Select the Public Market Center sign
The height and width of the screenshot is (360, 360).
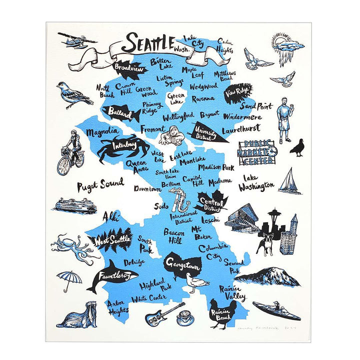pos(259,150)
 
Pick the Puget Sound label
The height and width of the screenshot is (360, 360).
pos(100,184)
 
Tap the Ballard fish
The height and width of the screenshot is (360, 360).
pos(121,113)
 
